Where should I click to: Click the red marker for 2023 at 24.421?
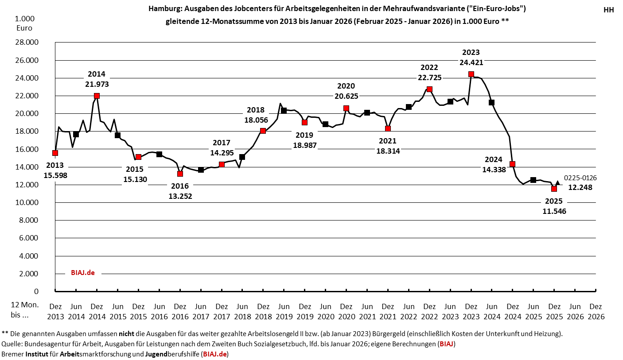pyautogui.click(x=471, y=74)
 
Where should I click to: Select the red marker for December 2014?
pyautogui.click(x=97, y=96)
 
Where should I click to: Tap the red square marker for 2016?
pyautogui.click(x=180, y=174)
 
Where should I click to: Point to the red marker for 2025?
pyautogui.click(x=554, y=189)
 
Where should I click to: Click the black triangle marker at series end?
pyautogui.click(x=557, y=182)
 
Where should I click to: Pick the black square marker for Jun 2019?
pyautogui.click(x=284, y=110)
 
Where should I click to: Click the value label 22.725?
pyautogui.click(x=429, y=77)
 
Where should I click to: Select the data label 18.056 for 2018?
pyautogui.click(x=256, y=120)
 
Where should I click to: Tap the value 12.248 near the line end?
pyautogui.click(x=580, y=187)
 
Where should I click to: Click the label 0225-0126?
pyautogui.click(x=580, y=178)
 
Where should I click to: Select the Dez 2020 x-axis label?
pyautogui.click(x=346, y=311)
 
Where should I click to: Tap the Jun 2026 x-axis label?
pyautogui.click(x=575, y=311)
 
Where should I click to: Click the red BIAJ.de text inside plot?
pyautogui.click(x=83, y=273)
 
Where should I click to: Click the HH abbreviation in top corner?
pyautogui.click(x=608, y=10)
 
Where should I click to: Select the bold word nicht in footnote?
pyautogui.click(x=126, y=333)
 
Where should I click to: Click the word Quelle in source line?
pyautogui.click(x=12, y=344)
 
